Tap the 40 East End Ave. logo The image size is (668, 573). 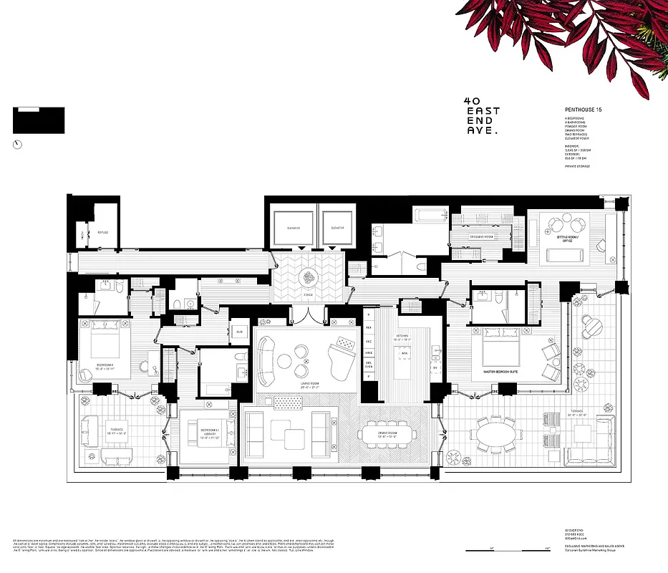tap(481, 115)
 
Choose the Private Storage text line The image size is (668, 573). tap(579, 165)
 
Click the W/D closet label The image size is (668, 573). tap(238, 332)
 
